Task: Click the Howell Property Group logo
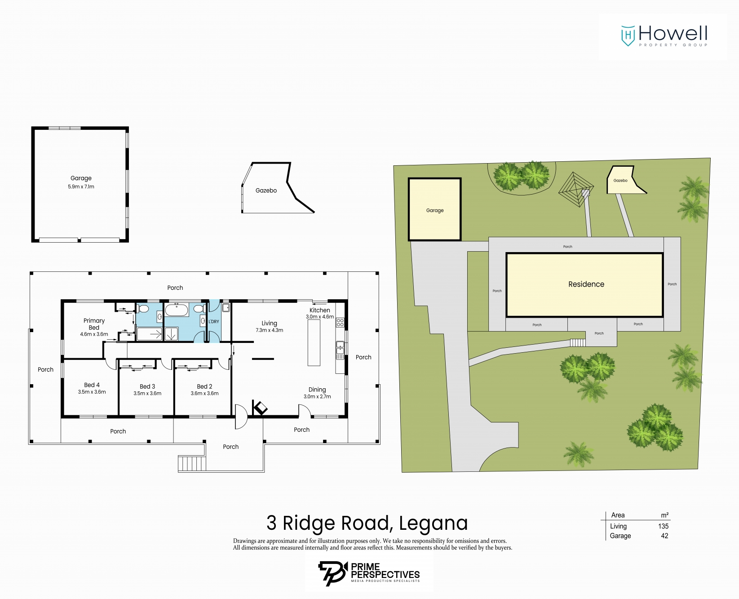coord(664,36)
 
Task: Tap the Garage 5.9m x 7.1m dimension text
coord(81,186)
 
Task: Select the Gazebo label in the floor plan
coord(266,191)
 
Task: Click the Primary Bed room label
coord(94,324)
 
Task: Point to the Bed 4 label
coord(92,385)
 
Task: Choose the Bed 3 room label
coord(147,386)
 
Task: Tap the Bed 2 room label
coord(204,386)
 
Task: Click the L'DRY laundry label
coord(214,322)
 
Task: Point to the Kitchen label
coord(320,310)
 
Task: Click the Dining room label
coord(317,390)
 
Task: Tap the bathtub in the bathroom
coord(177,310)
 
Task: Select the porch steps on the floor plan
coord(192,463)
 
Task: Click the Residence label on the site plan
coord(586,284)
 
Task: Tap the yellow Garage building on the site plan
coord(435,209)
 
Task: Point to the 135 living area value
coord(664,526)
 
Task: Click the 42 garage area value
coord(665,536)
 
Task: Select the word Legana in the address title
coord(434,524)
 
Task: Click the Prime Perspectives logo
coord(369,573)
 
